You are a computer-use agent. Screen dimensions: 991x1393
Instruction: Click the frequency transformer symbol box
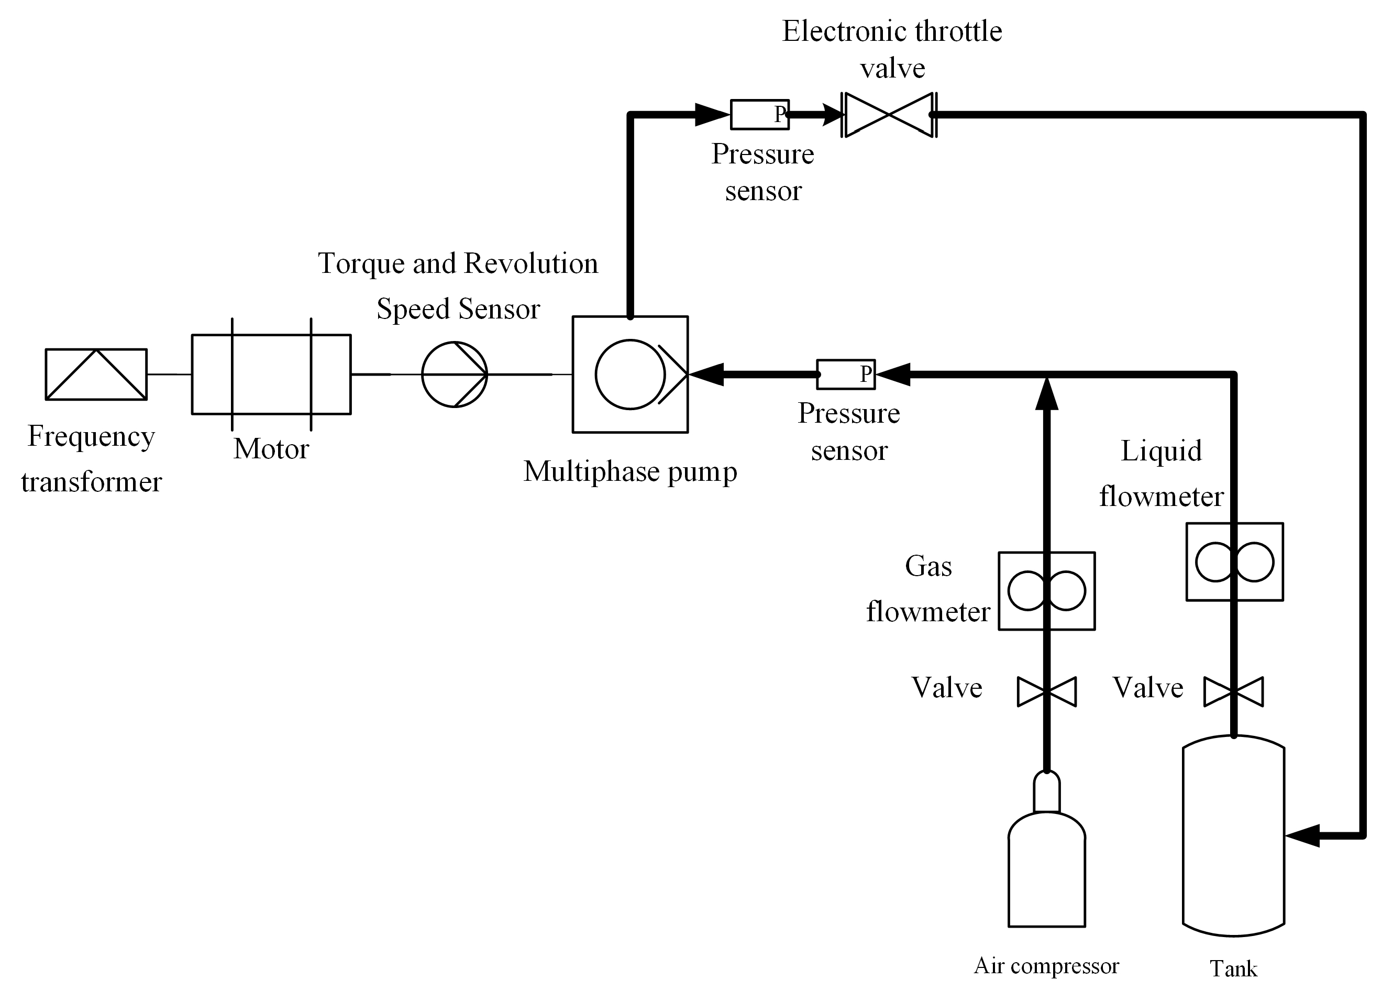[96, 374]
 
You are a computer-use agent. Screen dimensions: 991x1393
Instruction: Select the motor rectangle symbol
[271, 374]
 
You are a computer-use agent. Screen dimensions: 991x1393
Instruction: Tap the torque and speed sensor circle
[454, 374]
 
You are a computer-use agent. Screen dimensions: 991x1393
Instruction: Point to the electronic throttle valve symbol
[889, 114]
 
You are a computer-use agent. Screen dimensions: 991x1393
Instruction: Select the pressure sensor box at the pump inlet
[846, 374]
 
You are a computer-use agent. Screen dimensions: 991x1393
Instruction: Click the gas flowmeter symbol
[1046, 591]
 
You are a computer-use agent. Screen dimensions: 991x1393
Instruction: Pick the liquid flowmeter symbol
[1234, 561]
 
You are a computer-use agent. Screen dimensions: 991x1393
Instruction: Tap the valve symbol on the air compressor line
[1046, 691]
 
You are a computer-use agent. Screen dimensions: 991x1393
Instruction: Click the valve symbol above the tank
[1234, 691]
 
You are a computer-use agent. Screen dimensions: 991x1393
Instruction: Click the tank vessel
[1234, 836]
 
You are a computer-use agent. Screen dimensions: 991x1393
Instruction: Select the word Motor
[271, 449]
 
